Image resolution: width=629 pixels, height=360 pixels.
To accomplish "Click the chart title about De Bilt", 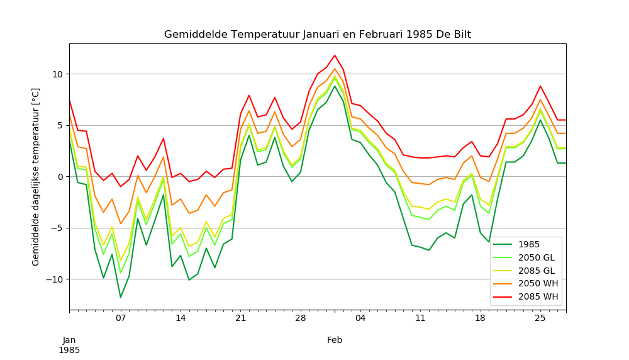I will [x=317, y=34].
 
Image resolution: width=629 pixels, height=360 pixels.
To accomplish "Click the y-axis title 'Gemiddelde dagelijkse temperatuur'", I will [x=36, y=177].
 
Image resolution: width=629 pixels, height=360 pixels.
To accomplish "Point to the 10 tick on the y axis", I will [x=58, y=74].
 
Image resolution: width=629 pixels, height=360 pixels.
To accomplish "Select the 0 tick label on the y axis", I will [x=60, y=177].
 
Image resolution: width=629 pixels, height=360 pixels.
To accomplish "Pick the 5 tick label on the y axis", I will [x=60, y=125].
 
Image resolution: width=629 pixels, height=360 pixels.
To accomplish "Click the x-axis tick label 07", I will [x=121, y=318].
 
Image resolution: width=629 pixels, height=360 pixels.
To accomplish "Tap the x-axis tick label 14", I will [x=181, y=318].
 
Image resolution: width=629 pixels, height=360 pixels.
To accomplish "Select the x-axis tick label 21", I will [x=240, y=318].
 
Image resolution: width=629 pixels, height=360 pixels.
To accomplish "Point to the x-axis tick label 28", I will [x=300, y=318].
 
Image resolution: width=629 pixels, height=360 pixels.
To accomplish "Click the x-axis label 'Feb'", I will [x=335, y=340].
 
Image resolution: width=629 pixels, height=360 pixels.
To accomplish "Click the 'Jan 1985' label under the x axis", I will [x=69, y=345].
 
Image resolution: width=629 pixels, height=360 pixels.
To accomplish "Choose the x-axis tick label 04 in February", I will [x=360, y=318].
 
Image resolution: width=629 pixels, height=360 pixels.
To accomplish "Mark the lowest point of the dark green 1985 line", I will [x=121, y=298].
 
